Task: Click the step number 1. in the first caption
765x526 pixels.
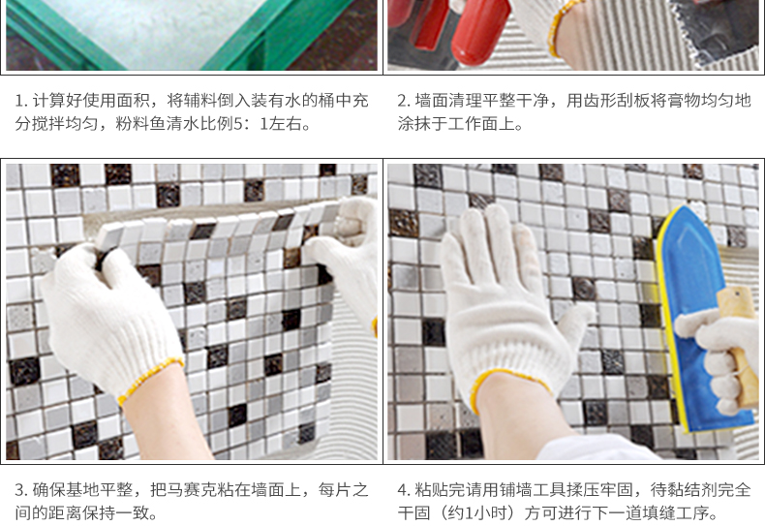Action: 21,101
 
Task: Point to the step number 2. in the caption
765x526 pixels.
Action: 404,101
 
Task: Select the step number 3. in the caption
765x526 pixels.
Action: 21,490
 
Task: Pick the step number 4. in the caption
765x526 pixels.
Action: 404,490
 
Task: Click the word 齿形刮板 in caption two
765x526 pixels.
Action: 616,101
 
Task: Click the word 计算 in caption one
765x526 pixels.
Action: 48,101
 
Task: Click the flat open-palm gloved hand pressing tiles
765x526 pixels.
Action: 507,307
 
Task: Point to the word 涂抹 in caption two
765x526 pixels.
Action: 413,124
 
